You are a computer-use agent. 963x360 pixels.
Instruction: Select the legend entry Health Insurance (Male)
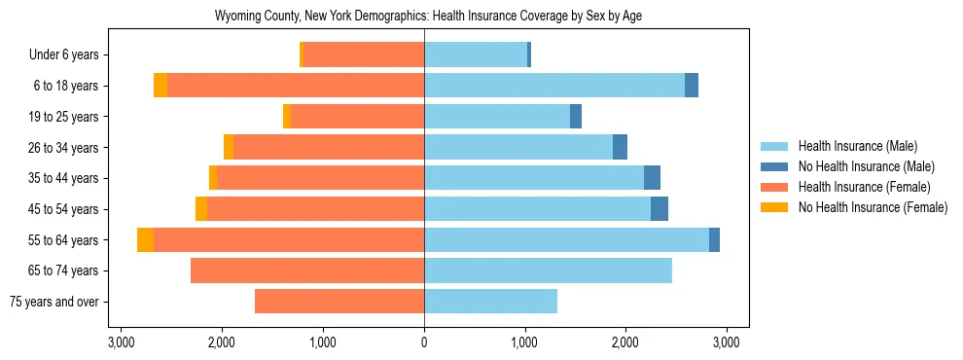click(x=856, y=147)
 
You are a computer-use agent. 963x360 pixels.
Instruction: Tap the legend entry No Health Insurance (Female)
click(x=873, y=207)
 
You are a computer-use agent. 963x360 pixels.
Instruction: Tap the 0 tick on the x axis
click(x=424, y=342)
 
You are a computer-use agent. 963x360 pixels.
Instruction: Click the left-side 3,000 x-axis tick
click(x=121, y=342)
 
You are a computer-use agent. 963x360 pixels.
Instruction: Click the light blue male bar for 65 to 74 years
click(x=548, y=270)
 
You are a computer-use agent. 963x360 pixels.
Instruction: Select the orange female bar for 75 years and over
click(x=339, y=302)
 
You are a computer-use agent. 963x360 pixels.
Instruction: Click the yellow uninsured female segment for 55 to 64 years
click(x=145, y=240)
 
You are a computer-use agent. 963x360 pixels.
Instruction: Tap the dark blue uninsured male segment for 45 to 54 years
click(x=660, y=209)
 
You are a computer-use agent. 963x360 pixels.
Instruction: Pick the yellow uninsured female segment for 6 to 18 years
click(x=160, y=86)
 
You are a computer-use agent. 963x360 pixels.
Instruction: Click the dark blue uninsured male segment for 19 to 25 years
click(x=576, y=117)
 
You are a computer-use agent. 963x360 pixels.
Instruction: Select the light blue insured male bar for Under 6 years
click(x=476, y=55)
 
